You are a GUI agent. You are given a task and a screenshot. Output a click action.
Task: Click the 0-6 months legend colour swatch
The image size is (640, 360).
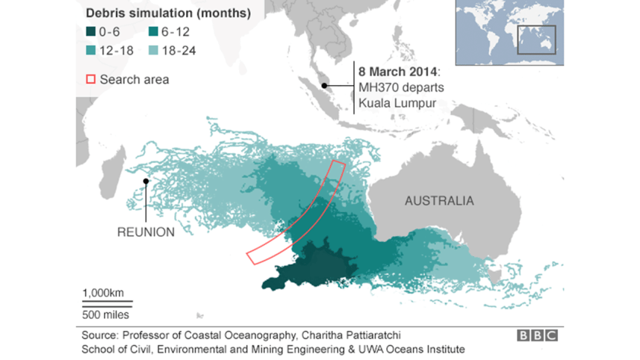pyautogui.click(x=91, y=32)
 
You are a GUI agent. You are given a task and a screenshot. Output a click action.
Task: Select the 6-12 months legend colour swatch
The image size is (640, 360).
pyautogui.click(x=155, y=32)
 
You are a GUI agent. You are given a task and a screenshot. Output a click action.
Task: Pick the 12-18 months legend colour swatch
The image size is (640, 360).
pyautogui.click(x=91, y=51)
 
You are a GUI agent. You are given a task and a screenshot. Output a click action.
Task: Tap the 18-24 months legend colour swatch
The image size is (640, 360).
pyautogui.click(x=155, y=51)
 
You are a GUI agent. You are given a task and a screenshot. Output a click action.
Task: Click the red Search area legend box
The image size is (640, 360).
pyautogui.click(x=91, y=79)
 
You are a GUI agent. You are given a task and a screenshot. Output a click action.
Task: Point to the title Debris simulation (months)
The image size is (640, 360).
pyautogui.click(x=168, y=13)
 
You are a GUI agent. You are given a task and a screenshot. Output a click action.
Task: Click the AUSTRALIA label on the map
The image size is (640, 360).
pyautogui.click(x=439, y=201)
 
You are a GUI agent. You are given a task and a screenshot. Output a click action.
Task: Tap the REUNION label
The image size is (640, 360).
pyautogui.click(x=146, y=232)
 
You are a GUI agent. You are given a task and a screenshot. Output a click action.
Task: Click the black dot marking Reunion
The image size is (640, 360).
pyautogui.click(x=146, y=181)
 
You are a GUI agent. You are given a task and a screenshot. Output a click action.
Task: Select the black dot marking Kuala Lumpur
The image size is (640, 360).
pyautogui.click(x=324, y=85)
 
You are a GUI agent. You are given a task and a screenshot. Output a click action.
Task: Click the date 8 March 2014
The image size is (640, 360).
pyautogui.click(x=398, y=72)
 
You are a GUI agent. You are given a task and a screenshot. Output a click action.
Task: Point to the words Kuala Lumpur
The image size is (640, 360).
pyautogui.click(x=396, y=101)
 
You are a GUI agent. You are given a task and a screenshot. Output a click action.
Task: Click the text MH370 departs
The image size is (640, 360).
pyautogui.click(x=396, y=87)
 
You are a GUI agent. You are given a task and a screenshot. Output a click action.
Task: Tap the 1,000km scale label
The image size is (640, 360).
pyautogui.click(x=103, y=292)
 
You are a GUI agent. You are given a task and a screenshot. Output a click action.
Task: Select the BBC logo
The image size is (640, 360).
pyautogui.click(x=536, y=336)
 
